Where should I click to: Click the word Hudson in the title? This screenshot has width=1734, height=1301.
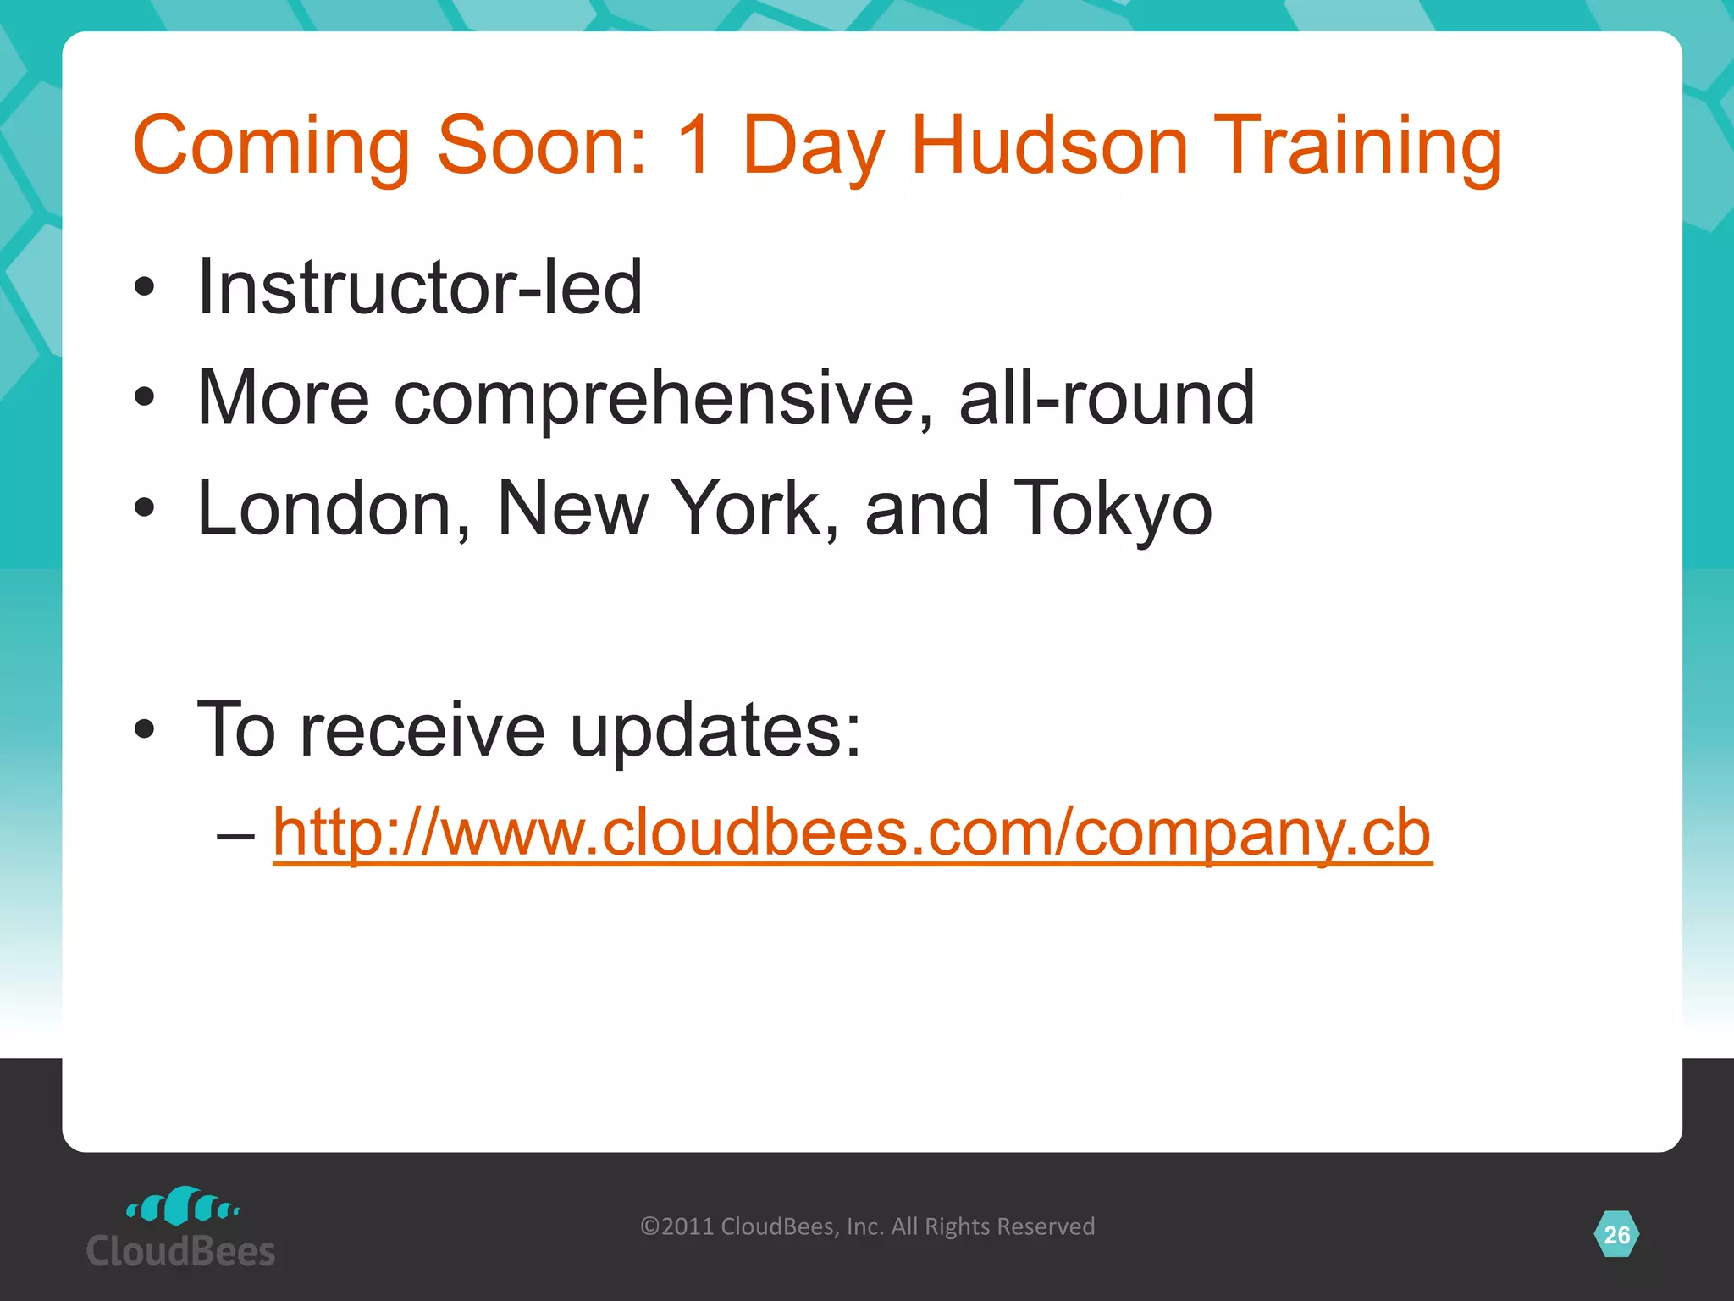1049,146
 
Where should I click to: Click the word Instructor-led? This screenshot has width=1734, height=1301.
419,287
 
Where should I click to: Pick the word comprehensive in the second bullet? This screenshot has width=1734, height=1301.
665,398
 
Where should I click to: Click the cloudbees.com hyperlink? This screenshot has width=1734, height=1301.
852,833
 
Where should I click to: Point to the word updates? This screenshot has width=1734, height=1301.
715,730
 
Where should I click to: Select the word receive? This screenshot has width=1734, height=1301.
422,730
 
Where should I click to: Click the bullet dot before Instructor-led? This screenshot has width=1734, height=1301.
145,287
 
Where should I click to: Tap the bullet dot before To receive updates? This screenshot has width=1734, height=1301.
145,729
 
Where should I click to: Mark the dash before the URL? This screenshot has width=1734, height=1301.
235,835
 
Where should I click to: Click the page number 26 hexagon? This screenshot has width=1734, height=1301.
1616,1235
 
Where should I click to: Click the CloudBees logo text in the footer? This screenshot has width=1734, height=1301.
181,1252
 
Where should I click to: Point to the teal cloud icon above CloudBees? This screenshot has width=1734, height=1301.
183,1206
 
